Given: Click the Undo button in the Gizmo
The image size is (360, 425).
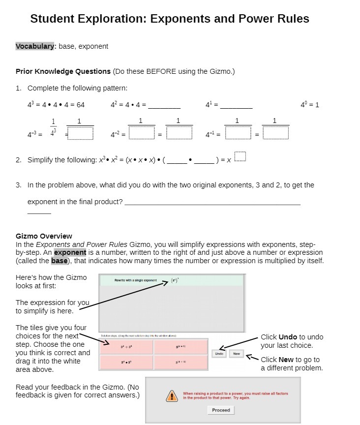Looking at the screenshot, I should click(219, 354).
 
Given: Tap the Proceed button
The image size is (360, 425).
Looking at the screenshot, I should click(221, 410).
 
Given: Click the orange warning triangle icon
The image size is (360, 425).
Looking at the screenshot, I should click(172, 395).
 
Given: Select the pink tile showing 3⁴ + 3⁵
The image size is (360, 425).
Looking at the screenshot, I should click(126, 347).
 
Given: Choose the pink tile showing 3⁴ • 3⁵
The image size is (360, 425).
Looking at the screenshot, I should click(126, 363).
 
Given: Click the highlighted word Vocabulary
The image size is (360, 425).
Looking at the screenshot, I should click(35, 46).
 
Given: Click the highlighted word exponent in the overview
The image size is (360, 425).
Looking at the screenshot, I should click(70, 252).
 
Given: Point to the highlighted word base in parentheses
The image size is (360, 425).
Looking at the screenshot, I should click(60, 261).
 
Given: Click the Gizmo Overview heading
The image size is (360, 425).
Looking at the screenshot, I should click(44, 236).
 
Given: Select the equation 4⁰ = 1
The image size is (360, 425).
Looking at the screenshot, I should click(310, 105).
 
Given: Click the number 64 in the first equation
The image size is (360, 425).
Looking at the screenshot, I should click(81, 105).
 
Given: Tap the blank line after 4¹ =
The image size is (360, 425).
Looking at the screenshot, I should click(237, 106).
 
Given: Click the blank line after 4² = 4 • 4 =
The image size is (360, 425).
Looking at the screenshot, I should click(164, 106).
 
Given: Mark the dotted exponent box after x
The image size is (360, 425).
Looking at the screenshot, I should click(240, 157).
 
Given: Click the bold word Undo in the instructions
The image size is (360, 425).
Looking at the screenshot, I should click(288, 337).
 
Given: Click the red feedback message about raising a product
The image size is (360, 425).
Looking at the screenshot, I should click(235, 395).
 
